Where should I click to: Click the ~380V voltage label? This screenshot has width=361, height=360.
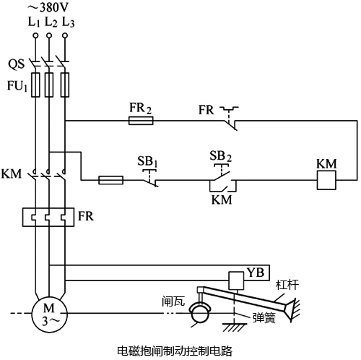click(x=50, y=9)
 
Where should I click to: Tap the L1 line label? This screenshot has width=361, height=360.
click(x=34, y=22)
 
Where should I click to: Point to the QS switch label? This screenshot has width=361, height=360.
click(x=17, y=63)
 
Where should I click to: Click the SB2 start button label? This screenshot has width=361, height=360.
click(x=219, y=157)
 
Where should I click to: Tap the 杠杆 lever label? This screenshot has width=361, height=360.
click(x=287, y=286)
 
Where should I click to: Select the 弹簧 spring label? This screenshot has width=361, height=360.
click(x=265, y=317)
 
